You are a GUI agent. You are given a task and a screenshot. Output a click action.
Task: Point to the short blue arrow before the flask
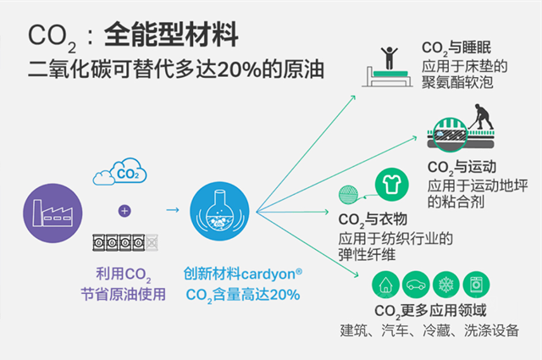(x=172, y=210)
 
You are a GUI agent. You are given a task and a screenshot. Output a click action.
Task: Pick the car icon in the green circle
(x=415, y=283)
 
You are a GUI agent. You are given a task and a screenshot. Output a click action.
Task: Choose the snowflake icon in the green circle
(x=445, y=283)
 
